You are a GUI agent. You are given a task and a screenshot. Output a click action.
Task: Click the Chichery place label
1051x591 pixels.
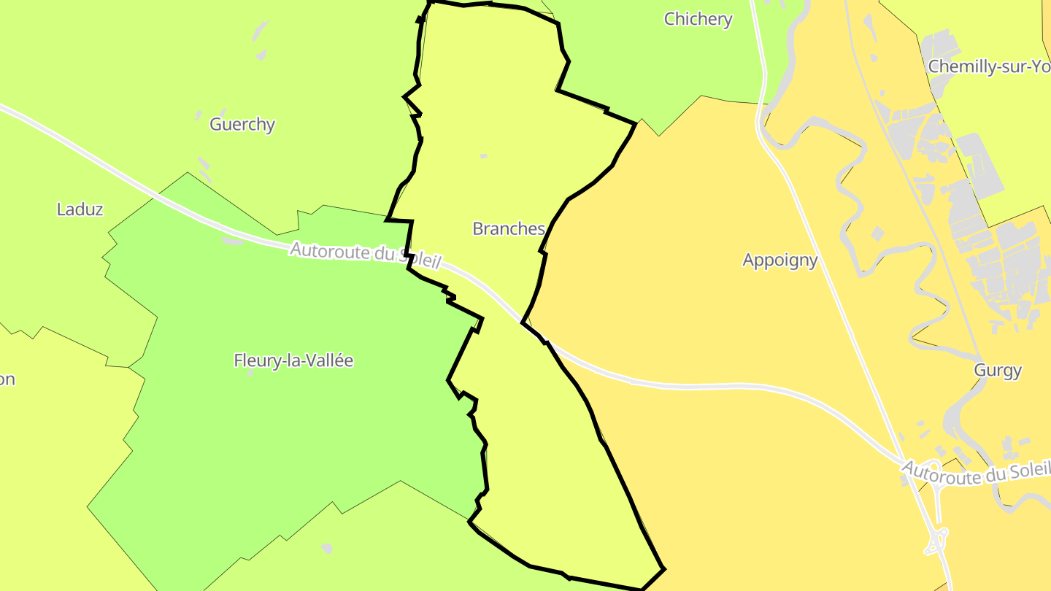click(x=698, y=19)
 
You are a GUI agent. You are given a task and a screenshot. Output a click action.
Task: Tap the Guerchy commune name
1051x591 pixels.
click(x=242, y=124)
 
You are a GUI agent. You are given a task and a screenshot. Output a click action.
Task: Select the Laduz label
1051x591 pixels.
click(x=80, y=209)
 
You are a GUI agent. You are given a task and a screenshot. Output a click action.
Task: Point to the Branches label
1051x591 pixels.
click(x=509, y=228)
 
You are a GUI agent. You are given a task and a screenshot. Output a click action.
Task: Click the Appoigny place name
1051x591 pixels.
click(x=780, y=260)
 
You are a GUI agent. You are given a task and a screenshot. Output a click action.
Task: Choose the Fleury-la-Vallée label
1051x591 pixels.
click(x=293, y=360)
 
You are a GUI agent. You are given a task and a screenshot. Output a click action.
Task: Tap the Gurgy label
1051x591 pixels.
click(x=998, y=370)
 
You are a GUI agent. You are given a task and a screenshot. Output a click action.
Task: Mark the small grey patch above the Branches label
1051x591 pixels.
click(x=483, y=156)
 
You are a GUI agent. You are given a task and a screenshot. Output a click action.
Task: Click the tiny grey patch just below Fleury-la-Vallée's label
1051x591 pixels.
click(x=250, y=373)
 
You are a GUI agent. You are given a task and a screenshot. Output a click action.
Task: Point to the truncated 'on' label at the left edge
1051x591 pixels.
click(x=7, y=379)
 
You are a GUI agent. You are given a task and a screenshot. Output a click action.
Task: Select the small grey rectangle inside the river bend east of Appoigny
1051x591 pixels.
click(x=877, y=233)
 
